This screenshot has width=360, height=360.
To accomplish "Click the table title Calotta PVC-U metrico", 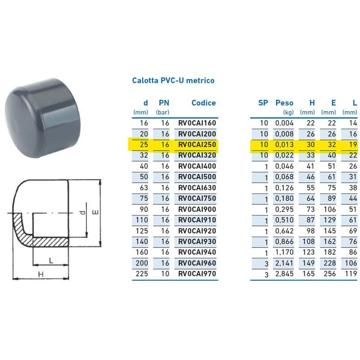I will (173, 81).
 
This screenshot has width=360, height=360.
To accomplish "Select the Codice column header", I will (203, 103).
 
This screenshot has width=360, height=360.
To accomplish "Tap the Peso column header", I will (284, 103).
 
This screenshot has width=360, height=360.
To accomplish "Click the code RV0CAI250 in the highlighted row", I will (197, 144).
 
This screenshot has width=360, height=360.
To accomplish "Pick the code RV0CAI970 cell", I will (197, 274).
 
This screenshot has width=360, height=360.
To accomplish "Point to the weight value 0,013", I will (285, 144).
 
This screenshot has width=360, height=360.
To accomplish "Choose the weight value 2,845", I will (285, 274).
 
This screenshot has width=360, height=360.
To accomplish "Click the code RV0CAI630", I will (197, 188).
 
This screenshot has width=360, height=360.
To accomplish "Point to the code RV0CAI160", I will (197, 123).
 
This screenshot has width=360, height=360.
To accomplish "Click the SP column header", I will (263, 103).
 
